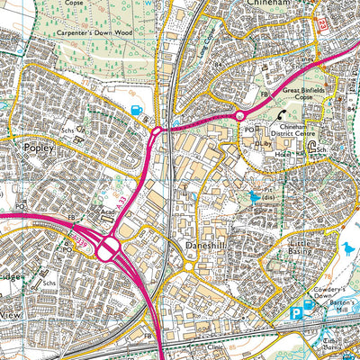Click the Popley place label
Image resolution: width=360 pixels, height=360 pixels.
point(35,142)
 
